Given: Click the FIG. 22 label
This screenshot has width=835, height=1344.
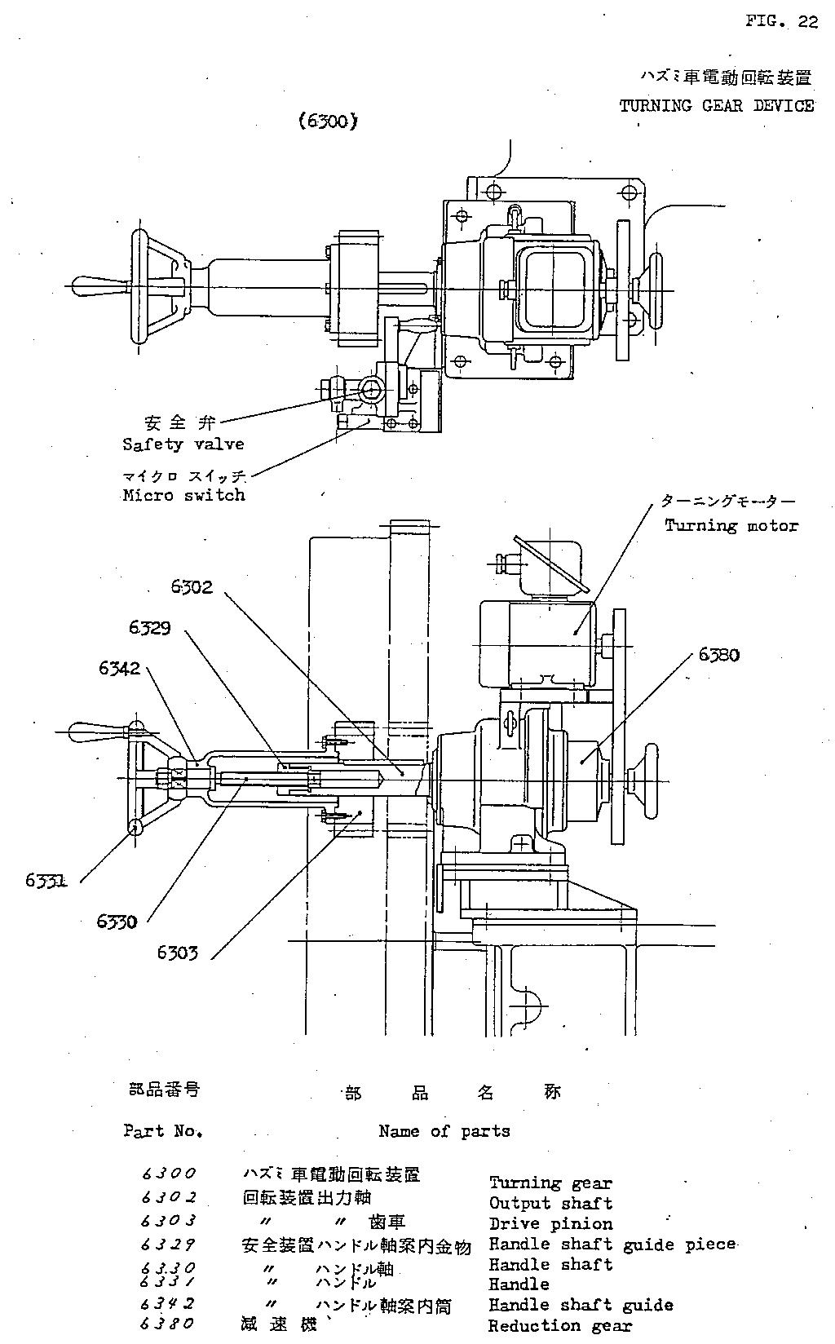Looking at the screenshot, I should pyautogui.click(x=780, y=22).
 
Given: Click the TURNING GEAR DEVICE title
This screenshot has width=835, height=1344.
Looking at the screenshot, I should pyautogui.click(x=716, y=106).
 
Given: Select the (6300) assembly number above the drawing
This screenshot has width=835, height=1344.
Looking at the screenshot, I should pyautogui.click(x=328, y=122).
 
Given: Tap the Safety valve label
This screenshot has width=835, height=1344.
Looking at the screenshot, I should pyautogui.click(x=183, y=444).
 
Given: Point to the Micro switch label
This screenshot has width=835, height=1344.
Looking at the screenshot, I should pyautogui.click(x=183, y=495).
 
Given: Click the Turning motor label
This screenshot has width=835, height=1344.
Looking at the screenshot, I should pyautogui.click(x=731, y=526).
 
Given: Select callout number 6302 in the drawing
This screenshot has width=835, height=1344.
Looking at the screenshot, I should pyautogui.click(x=192, y=586).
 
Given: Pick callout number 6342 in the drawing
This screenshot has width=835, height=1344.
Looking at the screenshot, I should pyautogui.click(x=120, y=668).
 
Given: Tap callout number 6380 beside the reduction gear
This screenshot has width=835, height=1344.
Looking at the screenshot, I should pyautogui.click(x=718, y=654).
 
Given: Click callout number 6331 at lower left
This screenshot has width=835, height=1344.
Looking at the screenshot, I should pyautogui.click(x=46, y=880).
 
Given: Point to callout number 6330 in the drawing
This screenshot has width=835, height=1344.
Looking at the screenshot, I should pyautogui.click(x=117, y=922).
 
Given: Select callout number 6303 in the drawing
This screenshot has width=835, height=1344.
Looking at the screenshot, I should pyautogui.click(x=177, y=952).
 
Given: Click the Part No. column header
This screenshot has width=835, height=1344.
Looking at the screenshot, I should pyautogui.click(x=163, y=1131).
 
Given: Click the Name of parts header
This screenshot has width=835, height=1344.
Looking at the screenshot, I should pyautogui.click(x=444, y=1131).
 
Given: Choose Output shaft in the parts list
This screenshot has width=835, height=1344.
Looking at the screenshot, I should pyautogui.click(x=550, y=1203).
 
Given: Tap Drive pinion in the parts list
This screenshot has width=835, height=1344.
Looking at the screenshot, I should pyautogui.click(x=550, y=1223).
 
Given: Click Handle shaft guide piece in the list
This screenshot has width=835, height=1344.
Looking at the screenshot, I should pyautogui.click(x=612, y=1245).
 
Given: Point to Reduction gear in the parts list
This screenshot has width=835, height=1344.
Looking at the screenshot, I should pyautogui.click(x=560, y=1326).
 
